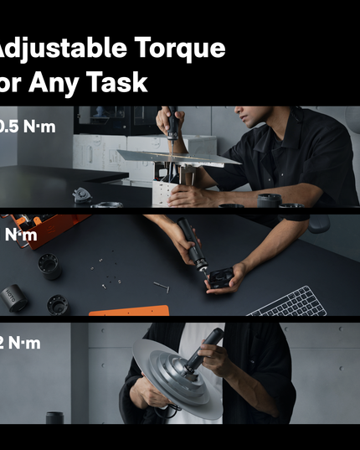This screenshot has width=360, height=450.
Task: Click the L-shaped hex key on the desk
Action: click(x=161, y=286)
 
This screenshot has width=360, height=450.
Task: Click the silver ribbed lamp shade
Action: click(x=172, y=373)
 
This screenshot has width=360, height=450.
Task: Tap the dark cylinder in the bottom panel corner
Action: click(x=55, y=417)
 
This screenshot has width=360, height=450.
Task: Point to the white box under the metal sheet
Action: click(x=164, y=193)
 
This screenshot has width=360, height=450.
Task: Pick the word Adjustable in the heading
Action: click(x=55, y=49)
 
